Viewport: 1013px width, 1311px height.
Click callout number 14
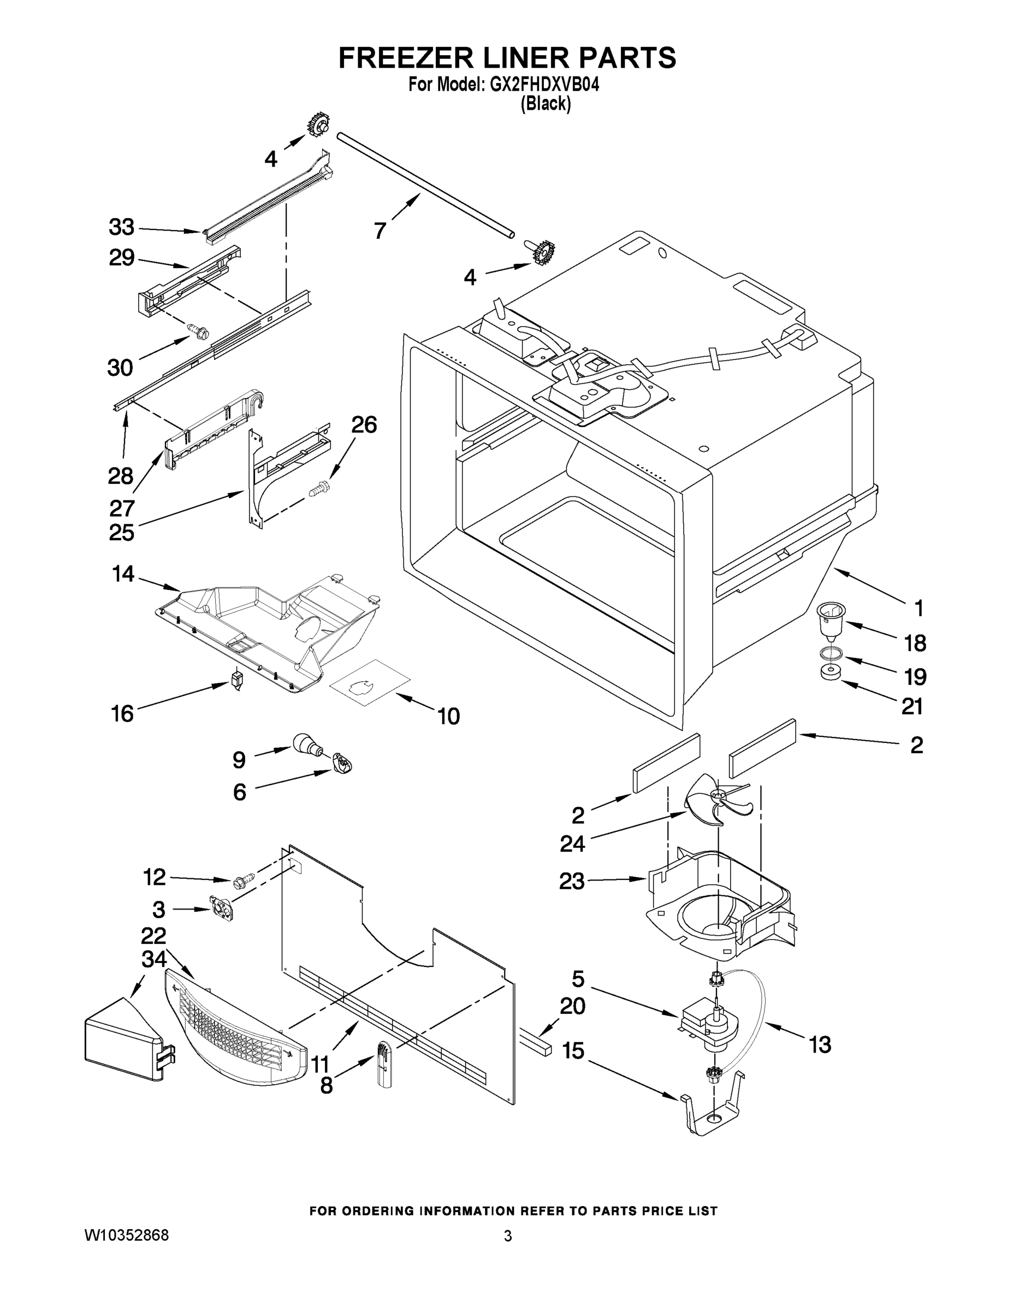tap(123, 574)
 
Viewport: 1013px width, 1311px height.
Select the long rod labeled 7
tap(426, 187)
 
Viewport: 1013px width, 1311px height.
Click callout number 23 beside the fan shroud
tap(571, 881)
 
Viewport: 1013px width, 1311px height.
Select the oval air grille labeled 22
tap(234, 1023)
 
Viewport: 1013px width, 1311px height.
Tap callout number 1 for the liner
tap(918, 608)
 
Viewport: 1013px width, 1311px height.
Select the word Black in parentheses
tap(545, 104)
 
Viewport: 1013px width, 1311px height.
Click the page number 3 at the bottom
tap(507, 1236)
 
